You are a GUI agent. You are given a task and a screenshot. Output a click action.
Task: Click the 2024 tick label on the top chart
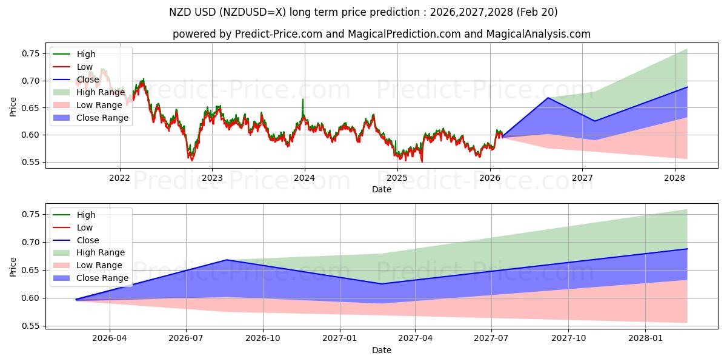(304, 178)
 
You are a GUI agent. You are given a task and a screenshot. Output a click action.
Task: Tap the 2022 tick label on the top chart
(120, 178)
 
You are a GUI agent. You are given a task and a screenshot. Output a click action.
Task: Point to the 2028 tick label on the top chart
(675, 178)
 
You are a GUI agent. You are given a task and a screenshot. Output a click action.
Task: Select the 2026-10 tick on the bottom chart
(263, 339)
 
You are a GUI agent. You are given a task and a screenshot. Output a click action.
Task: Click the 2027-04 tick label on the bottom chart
(415, 339)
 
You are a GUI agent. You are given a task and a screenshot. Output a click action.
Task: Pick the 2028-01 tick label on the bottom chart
(646, 339)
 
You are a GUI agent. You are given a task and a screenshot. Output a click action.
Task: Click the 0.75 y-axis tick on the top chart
(31, 53)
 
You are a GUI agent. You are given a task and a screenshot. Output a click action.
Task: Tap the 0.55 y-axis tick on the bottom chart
(31, 326)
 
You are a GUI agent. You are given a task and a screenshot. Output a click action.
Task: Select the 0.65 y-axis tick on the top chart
(31, 108)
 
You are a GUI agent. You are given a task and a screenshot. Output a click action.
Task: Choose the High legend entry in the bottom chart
(74, 215)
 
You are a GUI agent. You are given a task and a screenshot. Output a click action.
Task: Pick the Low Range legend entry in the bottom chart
(88, 265)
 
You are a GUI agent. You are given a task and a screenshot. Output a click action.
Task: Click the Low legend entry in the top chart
(73, 67)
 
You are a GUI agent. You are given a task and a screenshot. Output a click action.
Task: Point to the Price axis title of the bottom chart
(13, 267)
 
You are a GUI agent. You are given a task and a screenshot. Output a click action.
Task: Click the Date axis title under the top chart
(382, 189)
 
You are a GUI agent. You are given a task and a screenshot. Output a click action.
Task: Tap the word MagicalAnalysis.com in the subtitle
(539, 34)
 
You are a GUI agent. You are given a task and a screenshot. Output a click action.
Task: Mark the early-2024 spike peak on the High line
(303, 99)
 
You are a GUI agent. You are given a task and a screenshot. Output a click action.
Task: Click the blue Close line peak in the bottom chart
(227, 260)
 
